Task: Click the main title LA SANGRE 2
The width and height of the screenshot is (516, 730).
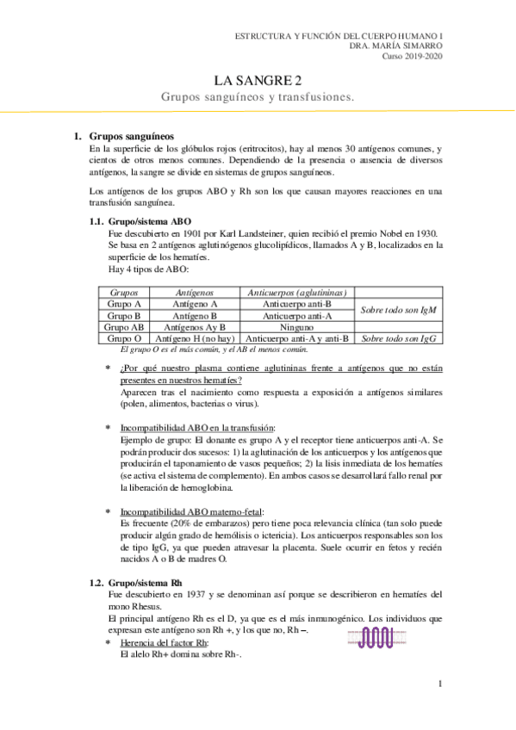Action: (258, 81)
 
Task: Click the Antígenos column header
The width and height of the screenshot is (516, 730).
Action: (195, 294)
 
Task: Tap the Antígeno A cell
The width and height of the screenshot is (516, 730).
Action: (195, 305)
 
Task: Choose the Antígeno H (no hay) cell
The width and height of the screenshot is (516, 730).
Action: (195, 338)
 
